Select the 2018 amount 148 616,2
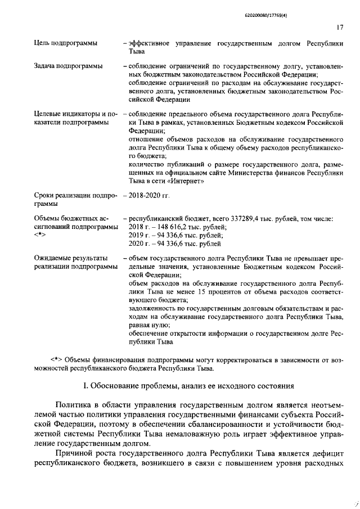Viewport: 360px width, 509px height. coord(167,227)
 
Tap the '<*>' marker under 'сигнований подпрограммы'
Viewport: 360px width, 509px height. coord(40,235)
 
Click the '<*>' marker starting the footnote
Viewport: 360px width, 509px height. coord(56,360)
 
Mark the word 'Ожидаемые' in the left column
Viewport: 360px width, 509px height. coord(55,258)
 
